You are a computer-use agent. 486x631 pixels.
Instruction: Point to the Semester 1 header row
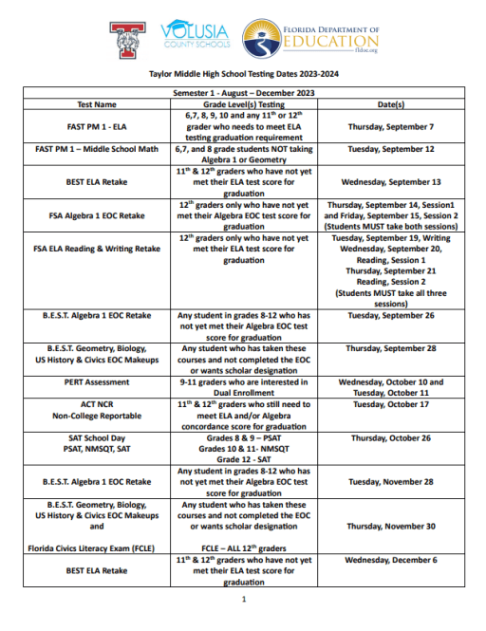tap(243, 93)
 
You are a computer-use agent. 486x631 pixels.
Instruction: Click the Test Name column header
tap(97, 104)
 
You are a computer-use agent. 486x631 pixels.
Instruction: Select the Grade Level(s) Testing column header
tap(245, 104)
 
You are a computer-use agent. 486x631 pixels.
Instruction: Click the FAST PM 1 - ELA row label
tap(97, 126)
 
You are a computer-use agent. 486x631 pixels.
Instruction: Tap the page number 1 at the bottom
tap(243, 600)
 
